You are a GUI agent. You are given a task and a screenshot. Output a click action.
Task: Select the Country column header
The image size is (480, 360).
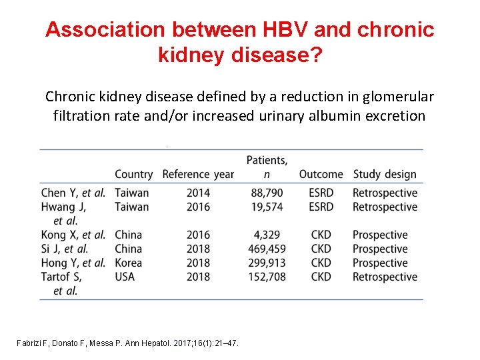tap(133, 174)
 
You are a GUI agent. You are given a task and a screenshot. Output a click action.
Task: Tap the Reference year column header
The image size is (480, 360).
tap(198, 174)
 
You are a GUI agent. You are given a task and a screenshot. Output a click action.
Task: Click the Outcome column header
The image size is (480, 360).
tap(321, 174)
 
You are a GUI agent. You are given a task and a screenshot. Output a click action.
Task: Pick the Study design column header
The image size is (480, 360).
tap(385, 174)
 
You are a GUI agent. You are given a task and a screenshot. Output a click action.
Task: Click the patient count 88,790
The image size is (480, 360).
tap(267, 193)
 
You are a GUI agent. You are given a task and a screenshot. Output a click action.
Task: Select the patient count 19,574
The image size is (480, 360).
tap(267, 207)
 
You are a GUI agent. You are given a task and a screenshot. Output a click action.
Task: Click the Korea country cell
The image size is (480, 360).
tap(129, 263)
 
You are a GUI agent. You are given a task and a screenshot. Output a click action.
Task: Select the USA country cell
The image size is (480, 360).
tap(125, 277)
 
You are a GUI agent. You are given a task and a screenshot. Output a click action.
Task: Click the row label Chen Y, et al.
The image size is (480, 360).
tap(73, 193)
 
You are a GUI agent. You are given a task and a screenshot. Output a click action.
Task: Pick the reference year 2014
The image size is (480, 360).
tap(198, 193)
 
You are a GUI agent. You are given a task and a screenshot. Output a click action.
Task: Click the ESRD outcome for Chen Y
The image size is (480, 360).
tap(321, 193)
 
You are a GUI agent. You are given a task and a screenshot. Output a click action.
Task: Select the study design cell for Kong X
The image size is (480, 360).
tap(379, 235)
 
